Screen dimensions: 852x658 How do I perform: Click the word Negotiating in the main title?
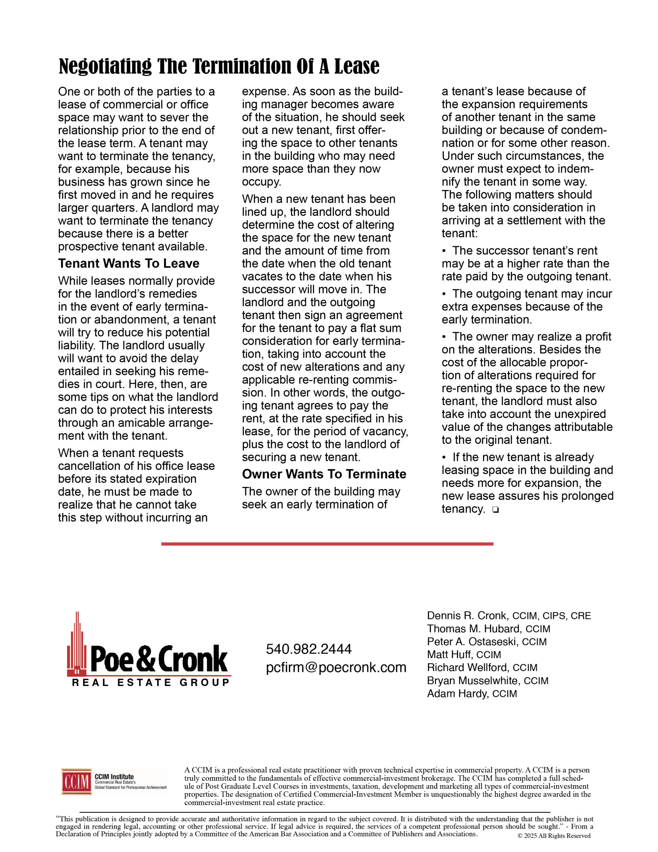tap(105, 66)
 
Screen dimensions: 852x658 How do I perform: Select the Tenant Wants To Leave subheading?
tap(129, 263)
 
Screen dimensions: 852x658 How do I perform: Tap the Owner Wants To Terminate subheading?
tap(324, 474)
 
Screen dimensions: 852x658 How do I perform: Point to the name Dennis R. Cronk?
tap(467, 616)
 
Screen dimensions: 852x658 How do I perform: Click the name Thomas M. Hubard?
tap(473, 629)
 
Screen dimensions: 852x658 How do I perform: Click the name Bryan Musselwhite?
tap(473, 681)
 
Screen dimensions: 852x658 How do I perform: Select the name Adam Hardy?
tap(457, 694)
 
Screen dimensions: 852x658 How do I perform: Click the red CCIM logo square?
tap(77, 781)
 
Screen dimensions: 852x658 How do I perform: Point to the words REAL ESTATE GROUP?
tap(151, 683)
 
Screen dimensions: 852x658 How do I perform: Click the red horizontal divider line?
tap(327, 544)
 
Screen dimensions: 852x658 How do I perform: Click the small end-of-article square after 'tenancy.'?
tap(495, 510)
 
